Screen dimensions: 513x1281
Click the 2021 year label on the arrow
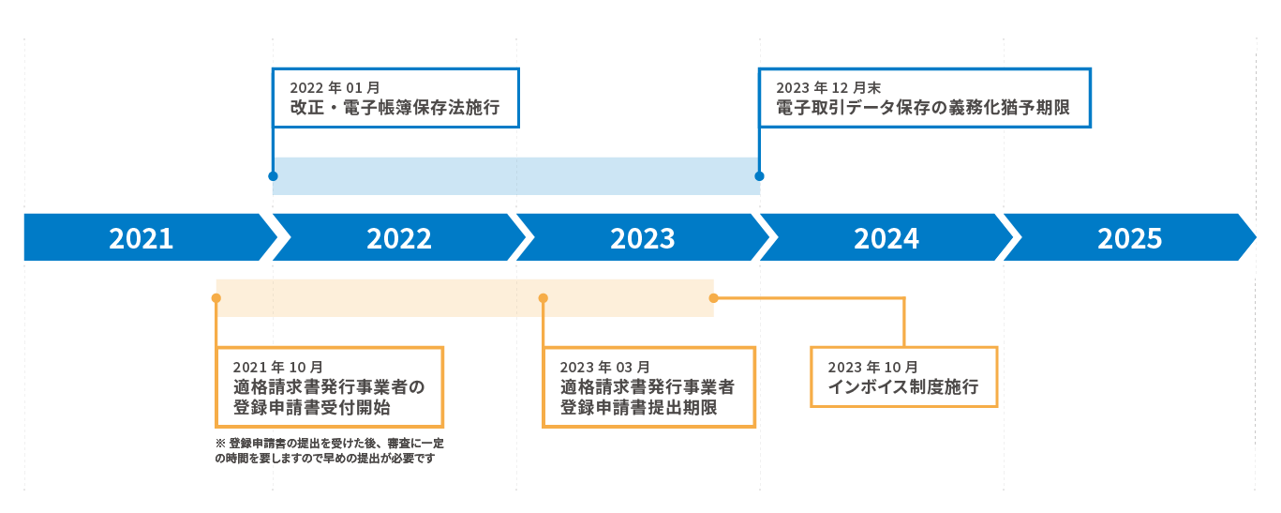coord(142,238)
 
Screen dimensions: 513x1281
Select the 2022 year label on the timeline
coord(399,238)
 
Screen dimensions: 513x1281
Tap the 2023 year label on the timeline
coord(643,238)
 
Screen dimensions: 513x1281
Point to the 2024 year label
coord(886,238)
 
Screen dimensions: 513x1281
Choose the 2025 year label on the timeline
coord(1130,238)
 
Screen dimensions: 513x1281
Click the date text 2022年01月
coord(335,87)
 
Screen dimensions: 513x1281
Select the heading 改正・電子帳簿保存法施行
coord(395,109)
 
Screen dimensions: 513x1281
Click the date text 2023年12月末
coord(828,87)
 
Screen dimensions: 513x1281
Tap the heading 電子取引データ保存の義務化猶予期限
coord(922,109)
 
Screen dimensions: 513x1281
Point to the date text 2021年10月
coord(278,367)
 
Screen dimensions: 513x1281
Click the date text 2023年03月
coord(604,367)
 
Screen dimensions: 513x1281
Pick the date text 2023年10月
coord(872,367)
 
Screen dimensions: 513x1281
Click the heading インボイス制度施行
coord(903,387)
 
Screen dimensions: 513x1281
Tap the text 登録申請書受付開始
coord(312,408)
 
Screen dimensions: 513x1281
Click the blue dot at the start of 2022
coord(273,175)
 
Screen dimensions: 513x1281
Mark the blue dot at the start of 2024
coord(759,175)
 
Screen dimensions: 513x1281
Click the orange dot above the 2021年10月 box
coord(216,298)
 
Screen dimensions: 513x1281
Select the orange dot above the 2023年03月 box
coord(544,298)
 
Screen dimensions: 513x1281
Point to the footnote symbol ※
coord(221,442)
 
